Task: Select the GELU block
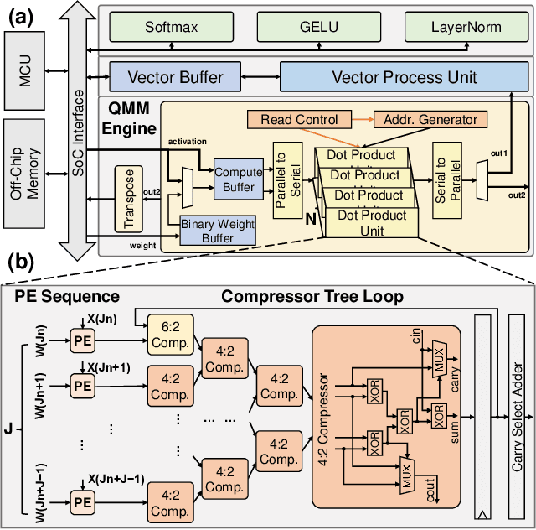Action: pos(300,28)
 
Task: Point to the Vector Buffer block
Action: pos(175,78)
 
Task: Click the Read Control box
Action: pos(299,120)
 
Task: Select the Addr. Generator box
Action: pos(430,120)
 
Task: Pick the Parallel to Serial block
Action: pos(287,178)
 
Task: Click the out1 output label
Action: pos(499,154)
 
